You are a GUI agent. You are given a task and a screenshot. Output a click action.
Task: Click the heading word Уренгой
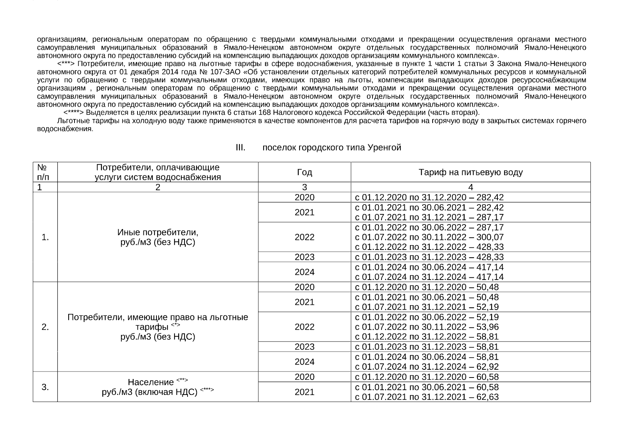(x=385, y=148)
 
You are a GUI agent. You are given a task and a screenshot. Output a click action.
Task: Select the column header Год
(x=304, y=172)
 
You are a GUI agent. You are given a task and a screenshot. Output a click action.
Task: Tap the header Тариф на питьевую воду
(x=470, y=172)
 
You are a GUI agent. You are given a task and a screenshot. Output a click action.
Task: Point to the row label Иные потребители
(x=158, y=233)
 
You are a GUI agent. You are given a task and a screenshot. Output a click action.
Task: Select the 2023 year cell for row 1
(x=304, y=257)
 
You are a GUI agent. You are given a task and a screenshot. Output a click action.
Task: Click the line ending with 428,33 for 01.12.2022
(x=429, y=247)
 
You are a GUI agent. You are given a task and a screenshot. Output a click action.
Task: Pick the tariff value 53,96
(x=489, y=327)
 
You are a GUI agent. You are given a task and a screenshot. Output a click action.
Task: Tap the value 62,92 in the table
(x=489, y=367)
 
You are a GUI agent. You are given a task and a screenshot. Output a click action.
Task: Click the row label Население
(x=151, y=382)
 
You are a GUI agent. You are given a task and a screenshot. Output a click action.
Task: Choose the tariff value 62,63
(x=489, y=397)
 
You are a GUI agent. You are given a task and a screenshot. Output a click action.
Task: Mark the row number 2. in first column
(x=45, y=327)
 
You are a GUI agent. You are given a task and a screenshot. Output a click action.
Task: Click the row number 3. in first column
(x=45, y=387)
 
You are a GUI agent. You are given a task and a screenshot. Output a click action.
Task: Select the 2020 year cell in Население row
(x=304, y=377)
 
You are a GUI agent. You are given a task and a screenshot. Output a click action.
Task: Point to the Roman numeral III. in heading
(x=241, y=148)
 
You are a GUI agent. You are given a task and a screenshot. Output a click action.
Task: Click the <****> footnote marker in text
(x=74, y=112)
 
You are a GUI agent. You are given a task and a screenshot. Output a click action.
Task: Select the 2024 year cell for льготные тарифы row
(x=304, y=362)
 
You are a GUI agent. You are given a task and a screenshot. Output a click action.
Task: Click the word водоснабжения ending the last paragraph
(x=64, y=129)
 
